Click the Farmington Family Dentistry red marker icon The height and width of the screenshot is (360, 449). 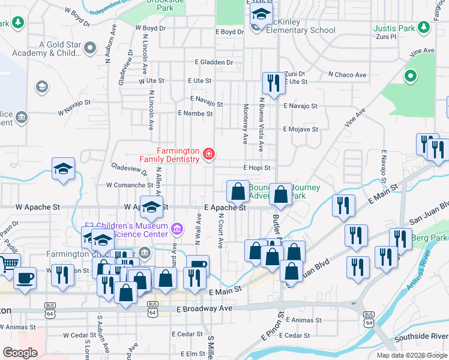pos(208,154)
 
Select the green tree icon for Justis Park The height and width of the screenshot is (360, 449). pos(411,76)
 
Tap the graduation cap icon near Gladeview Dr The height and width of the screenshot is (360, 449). pos(63,169)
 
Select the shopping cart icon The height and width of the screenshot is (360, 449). pos(9,263)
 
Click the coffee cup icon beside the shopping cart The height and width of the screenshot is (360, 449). pos(25,278)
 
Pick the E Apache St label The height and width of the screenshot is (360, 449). pos(225,208)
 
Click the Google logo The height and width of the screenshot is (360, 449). pos(20,353)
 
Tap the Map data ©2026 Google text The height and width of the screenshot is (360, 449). pos(412,355)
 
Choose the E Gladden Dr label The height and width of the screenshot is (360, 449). pos(214,62)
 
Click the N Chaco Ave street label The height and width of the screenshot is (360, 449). pos(347,75)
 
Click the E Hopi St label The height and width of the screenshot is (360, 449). pos(256,168)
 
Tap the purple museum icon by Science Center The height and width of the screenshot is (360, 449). pos(176,229)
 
